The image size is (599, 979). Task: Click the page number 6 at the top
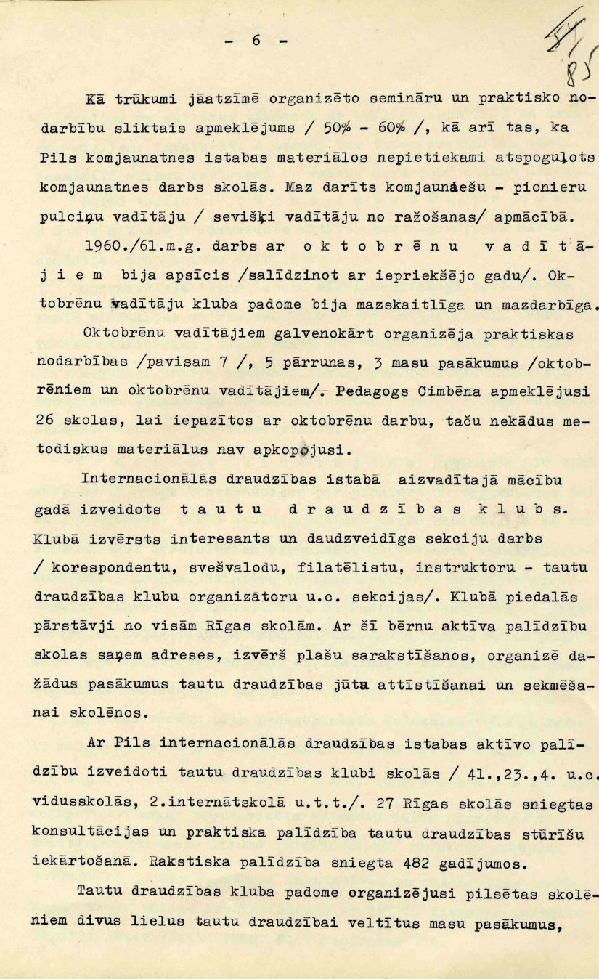point(256,41)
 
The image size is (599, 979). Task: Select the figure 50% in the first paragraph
point(338,128)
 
